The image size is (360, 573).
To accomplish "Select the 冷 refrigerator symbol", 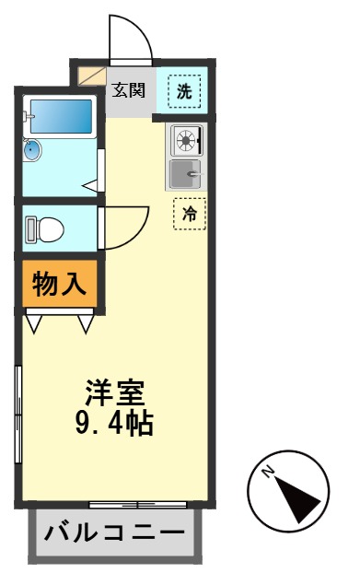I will coord(190,215).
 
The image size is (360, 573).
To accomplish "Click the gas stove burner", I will coord(186,141).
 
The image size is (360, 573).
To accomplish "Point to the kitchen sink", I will coord(186,171).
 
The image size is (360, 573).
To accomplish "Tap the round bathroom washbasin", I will coord(33,150).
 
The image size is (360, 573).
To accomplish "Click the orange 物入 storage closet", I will coord(60,284).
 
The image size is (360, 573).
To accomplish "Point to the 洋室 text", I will coord(115,392).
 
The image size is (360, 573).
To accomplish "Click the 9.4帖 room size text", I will coord(114,425).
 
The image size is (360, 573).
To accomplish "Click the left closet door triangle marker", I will coord(34,323).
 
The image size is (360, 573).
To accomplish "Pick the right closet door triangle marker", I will coord(86,323).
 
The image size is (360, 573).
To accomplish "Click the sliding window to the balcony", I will coord(137,505).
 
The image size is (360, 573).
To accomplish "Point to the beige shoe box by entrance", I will coord(91,76).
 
